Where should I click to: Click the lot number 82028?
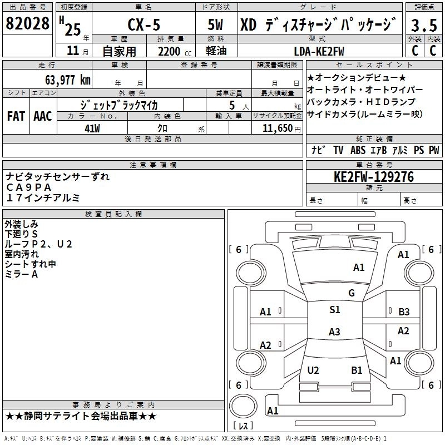[x=27, y=24]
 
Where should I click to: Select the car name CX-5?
[x=142, y=24]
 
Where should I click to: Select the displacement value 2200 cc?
[x=172, y=51]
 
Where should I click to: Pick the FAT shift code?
[x=16, y=116]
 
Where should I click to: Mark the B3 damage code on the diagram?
[x=404, y=312]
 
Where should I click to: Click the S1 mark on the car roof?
[x=334, y=310]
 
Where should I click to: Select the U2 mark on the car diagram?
[x=313, y=370]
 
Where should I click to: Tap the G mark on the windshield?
[x=351, y=293]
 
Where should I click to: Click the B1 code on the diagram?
[x=357, y=370]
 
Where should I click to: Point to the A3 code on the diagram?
[x=334, y=332]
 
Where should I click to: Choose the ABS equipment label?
[x=358, y=150]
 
